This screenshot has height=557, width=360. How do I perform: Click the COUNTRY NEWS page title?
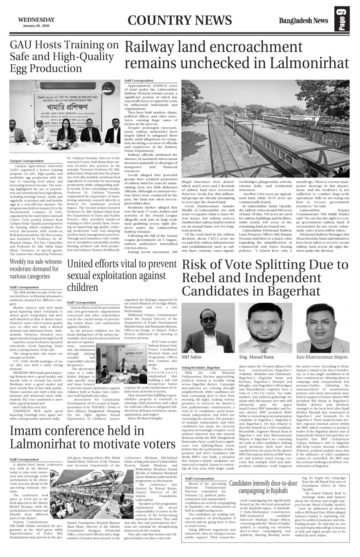(180, 20)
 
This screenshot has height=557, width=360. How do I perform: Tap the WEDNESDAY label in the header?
(36, 20)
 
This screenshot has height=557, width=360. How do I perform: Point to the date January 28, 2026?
(37, 26)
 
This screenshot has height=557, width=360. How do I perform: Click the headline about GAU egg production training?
(64, 57)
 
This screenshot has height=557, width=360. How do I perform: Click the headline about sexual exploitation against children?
(122, 275)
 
